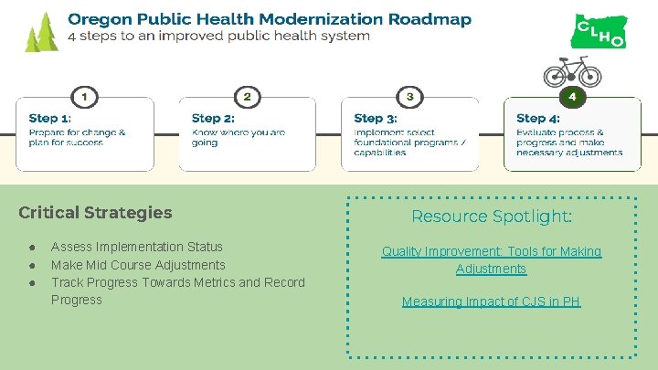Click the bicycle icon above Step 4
[573, 71]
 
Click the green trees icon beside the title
[41, 33]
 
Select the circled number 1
[84, 96]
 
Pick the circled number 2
[247, 96]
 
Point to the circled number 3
[409, 96]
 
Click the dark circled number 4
[572, 96]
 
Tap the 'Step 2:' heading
[213, 118]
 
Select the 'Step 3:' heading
[376, 118]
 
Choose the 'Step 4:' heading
[538, 118]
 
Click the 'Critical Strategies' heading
[95, 213]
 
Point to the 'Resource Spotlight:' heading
[492, 217]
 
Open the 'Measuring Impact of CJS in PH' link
[492, 301]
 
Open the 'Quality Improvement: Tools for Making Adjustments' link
[492, 259]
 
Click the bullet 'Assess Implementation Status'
[137, 247]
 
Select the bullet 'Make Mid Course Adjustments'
[138, 265]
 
